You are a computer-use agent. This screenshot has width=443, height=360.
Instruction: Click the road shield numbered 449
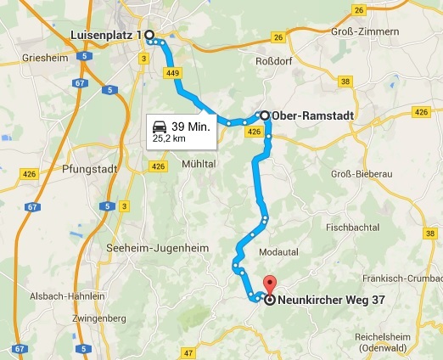(174, 74)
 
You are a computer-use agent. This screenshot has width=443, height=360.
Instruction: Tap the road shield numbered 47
(188, 352)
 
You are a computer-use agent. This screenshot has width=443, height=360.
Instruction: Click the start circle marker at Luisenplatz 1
(149, 35)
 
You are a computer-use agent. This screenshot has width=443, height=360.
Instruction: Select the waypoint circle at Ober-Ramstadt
(264, 115)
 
